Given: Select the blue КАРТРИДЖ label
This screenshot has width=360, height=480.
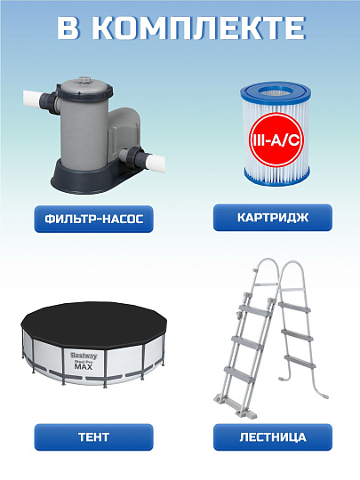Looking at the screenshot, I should pos(272,217).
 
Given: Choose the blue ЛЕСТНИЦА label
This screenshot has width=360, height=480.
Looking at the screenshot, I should pos(272,437).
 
